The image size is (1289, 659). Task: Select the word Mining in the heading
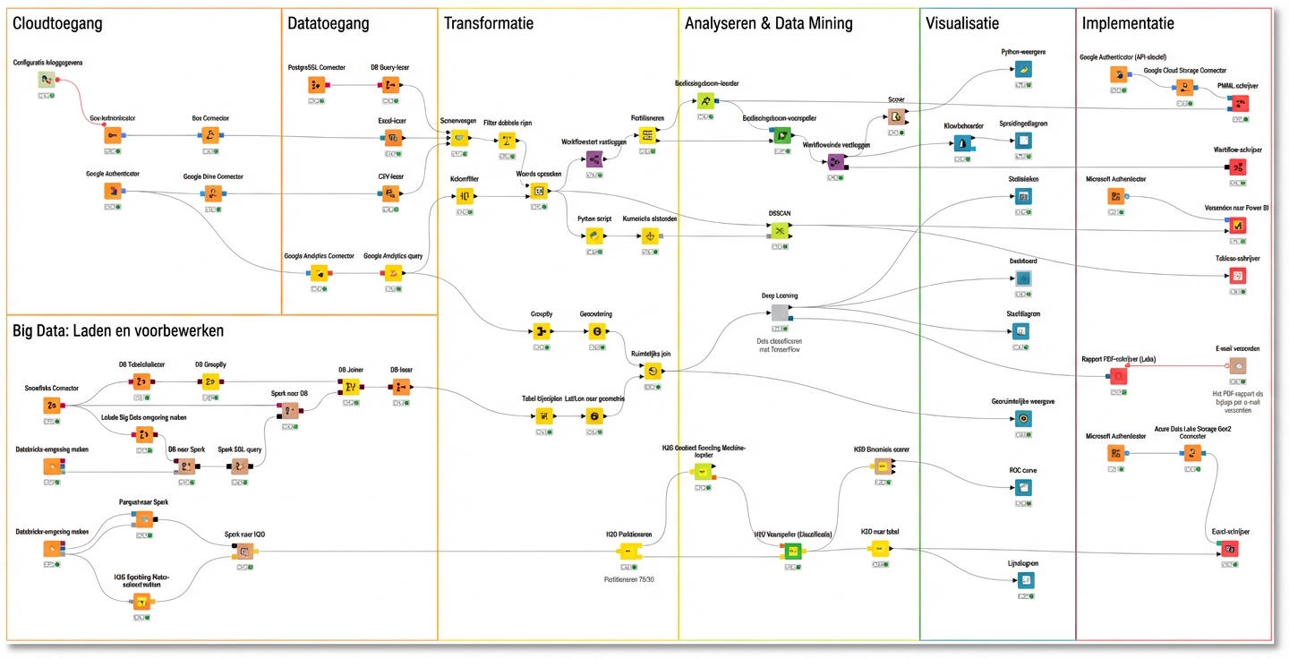[824, 24]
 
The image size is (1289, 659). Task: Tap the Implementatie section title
[1128, 24]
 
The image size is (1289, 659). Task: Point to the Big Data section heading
[117, 330]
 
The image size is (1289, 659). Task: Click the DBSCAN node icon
[780, 231]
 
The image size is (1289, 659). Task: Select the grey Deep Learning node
[780, 312]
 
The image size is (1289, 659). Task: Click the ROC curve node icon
[1023, 488]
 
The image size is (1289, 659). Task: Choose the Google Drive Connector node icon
[212, 193]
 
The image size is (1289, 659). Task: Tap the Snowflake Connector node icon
[51, 406]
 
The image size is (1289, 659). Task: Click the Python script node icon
[593, 236]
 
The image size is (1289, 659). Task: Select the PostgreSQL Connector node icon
[316, 85]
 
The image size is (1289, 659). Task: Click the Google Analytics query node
[392, 274]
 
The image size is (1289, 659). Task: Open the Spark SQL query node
[239, 466]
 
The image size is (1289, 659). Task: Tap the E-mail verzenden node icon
[1236, 366]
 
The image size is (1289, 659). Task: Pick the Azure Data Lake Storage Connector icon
[1191, 453]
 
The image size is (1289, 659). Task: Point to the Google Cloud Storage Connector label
[1184, 70]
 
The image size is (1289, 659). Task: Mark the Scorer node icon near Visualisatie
[895, 116]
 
